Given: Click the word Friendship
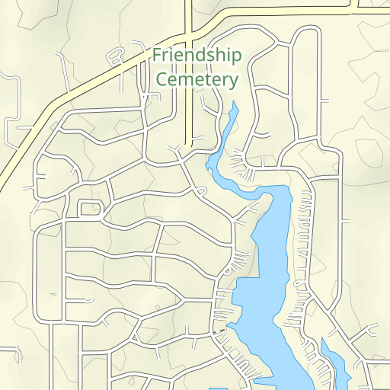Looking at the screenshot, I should (197, 56).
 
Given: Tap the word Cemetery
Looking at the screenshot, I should (197, 79).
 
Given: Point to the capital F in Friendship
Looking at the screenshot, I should (157, 55).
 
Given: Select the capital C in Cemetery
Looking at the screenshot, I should (161, 79).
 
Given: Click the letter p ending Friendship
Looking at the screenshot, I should (236, 58).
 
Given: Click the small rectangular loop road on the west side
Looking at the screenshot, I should (90, 208).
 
